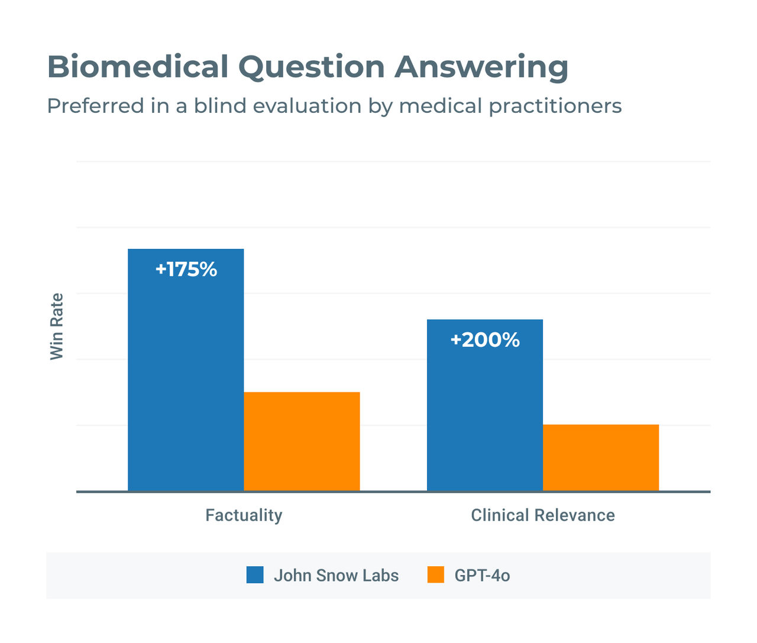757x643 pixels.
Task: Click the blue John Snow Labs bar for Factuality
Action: tap(186, 378)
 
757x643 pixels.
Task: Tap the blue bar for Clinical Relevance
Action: tap(484, 414)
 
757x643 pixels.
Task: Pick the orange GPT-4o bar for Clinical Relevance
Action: tap(600, 457)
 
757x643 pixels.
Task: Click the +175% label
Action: tap(186, 269)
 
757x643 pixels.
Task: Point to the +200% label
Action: tap(485, 340)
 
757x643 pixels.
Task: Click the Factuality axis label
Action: tap(244, 515)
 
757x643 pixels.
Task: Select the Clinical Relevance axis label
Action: tap(542, 515)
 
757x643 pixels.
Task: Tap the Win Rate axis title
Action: tap(57, 326)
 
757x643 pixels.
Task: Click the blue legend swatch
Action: tap(255, 575)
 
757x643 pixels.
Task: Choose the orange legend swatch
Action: tap(436, 575)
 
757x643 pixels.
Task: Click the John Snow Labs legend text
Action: tap(336, 576)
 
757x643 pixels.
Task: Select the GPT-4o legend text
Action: tap(482, 576)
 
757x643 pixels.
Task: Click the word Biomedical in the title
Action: tap(138, 67)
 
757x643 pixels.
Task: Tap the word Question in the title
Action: tap(312, 67)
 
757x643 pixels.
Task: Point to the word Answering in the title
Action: tap(481, 67)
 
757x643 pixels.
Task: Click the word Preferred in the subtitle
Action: tap(96, 106)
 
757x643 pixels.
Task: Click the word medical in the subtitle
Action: tap(441, 106)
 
